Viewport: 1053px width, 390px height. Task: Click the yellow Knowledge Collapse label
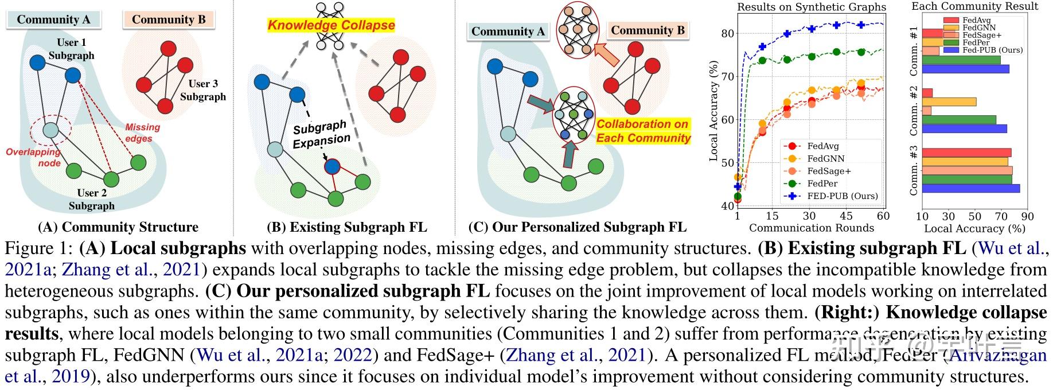pyautogui.click(x=331, y=25)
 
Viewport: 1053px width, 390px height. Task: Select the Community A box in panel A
pyautogui.click(x=53, y=19)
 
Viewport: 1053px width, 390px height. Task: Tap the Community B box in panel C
pyautogui.click(x=648, y=30)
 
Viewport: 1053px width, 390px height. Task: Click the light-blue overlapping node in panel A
pyautogui.click(x=51, y=130)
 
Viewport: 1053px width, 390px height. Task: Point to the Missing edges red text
pyautogui.click(x=142, y=132)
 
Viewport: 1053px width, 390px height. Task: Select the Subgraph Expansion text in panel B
pyautogui.click(x=321, y=134)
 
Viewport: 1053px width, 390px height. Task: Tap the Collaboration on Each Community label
pyautogui.click(x=643, y=131)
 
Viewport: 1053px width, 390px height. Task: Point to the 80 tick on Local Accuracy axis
pyautogui.click(x=727, y=33)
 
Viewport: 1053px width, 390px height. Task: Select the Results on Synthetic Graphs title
pyautogui.click(x=811, y=7)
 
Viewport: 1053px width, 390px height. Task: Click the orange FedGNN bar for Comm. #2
pyautogui.click(x=949, y=102)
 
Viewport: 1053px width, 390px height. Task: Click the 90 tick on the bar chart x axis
pyautogui.click(x=1027, y=217)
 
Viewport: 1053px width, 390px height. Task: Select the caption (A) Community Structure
pyautogui.click(x=118, y=227)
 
